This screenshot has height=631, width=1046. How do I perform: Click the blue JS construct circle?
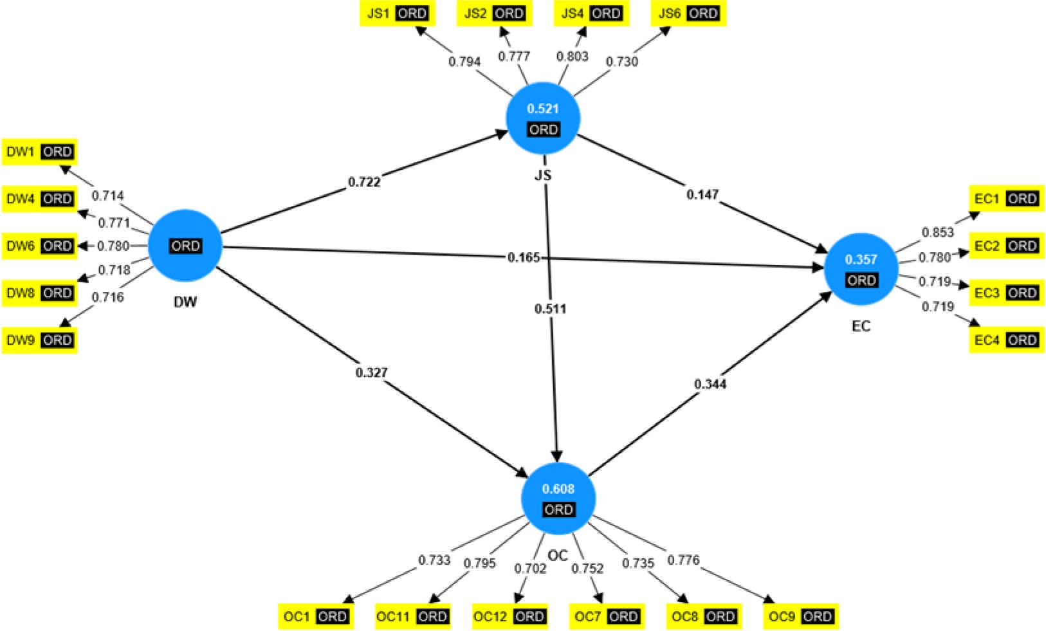543,119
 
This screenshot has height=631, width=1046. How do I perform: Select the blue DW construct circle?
185,245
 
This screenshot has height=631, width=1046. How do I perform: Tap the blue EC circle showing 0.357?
861,270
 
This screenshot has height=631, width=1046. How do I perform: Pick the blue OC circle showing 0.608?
558,498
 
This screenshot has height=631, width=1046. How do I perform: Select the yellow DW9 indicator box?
39,340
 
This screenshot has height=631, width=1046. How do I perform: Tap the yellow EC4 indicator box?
1006,340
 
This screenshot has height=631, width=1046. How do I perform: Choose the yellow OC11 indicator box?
412,617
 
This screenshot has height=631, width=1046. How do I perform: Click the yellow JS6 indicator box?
688,14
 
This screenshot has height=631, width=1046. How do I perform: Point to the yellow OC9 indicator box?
801,617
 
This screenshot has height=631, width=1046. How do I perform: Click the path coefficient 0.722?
364,182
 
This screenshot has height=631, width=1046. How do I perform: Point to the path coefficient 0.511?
550,309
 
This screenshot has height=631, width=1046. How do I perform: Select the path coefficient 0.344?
710,384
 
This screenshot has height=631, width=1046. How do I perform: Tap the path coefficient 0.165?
524,258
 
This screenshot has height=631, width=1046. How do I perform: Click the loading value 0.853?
938,232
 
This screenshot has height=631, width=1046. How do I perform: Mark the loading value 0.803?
573,57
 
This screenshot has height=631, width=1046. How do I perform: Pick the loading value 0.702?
530,568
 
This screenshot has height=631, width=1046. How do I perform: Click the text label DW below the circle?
185,302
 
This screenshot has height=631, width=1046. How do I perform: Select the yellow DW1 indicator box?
39,152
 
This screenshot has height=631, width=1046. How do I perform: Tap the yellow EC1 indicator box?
1006,199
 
